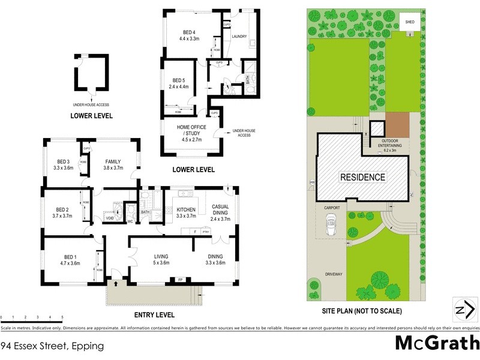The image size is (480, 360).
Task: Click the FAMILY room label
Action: click(113, 165)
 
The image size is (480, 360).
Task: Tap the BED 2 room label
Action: click(62, 212)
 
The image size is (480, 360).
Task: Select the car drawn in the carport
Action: click(329, 226)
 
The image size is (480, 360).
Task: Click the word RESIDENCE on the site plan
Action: click(362, 178)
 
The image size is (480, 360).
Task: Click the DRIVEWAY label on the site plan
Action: click(333, 274)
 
